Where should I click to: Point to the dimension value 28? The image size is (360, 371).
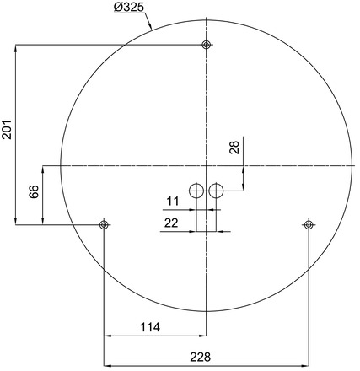[235, 148]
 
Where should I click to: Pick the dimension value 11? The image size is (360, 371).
[173, 202]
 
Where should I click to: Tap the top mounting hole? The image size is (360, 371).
[206, 45]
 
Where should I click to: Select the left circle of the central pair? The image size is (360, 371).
[196, 191]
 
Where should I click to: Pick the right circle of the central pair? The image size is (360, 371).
[216, 191]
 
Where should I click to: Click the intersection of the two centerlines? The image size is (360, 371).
[206, 165]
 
